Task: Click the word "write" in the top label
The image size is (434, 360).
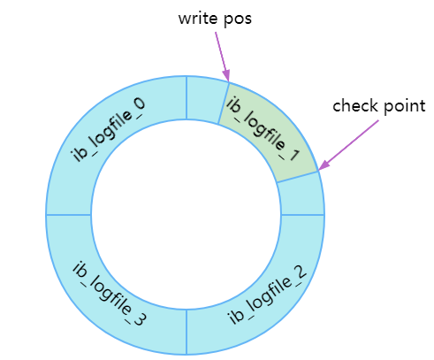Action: [197, 19]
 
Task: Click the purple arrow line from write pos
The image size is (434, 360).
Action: [222, 57]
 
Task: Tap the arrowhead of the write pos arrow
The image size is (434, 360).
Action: [227, 75]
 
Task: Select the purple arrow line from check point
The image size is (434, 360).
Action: [348, 145]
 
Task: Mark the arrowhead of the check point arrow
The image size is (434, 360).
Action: [324, 165]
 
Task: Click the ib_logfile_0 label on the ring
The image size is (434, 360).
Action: [108, 130]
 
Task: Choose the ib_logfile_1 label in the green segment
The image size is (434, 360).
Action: [263, 129]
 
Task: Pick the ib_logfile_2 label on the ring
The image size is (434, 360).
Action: [267, 295]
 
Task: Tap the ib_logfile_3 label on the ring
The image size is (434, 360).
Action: [109, 294]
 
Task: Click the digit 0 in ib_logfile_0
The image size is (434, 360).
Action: [139, 105]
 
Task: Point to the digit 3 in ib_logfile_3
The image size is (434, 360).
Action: [139, 318]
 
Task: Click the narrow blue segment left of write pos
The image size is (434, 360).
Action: [207, 99]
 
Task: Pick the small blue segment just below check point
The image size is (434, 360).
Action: [301, 195]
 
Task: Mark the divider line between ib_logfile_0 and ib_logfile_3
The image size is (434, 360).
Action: [68, 215]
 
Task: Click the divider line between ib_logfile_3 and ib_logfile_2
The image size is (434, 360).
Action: [187, 332]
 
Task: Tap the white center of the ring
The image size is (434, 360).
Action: [186, 215]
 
